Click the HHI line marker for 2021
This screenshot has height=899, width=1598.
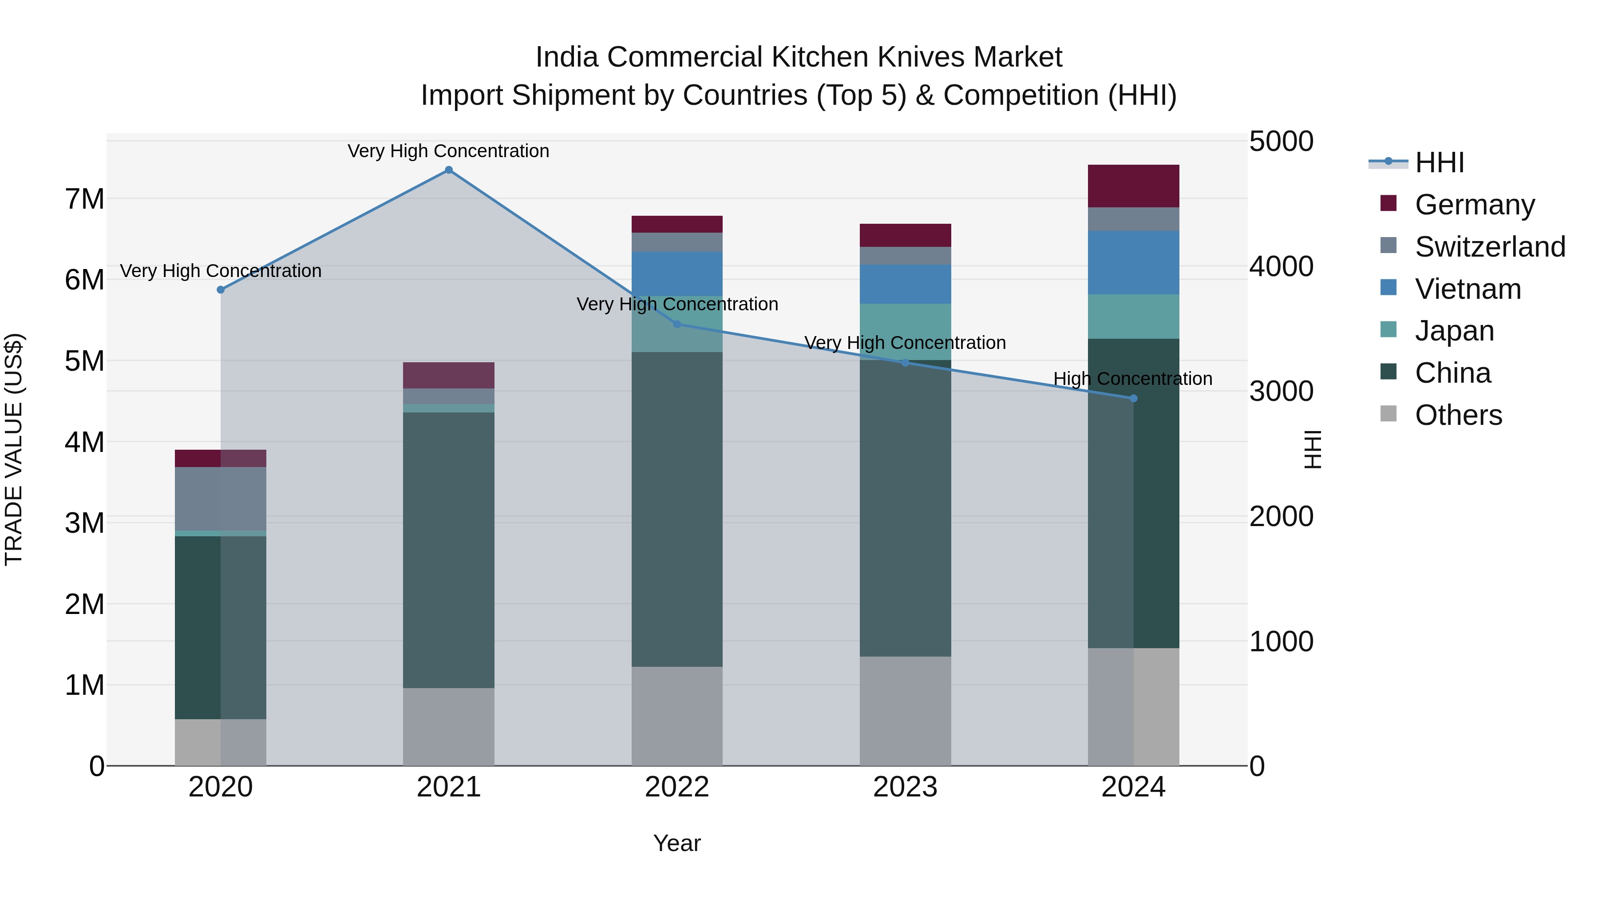coord(448,170)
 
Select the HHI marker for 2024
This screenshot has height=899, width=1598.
coord(1133,398)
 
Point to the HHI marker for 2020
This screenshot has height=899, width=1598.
coord(221,290)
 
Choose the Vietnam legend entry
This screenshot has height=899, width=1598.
coord(1468,289)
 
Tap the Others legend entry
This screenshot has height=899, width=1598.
coord(1459,415)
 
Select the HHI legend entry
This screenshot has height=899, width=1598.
coord(1439,162)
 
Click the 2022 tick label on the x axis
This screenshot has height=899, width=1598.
coord(677,787)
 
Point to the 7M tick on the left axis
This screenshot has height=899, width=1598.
coord(84,199)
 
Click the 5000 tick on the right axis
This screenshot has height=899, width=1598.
coord(1281,142)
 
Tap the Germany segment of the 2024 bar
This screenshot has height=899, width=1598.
coord(1133,186)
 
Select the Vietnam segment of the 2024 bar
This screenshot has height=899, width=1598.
coord(1133,262)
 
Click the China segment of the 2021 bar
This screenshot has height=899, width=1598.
coord(448,550)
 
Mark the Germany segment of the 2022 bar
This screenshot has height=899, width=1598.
coord(677,224)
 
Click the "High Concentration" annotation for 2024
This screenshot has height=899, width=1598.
coord(1133,378)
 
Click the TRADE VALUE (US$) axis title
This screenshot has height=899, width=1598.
coord(14,449)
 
